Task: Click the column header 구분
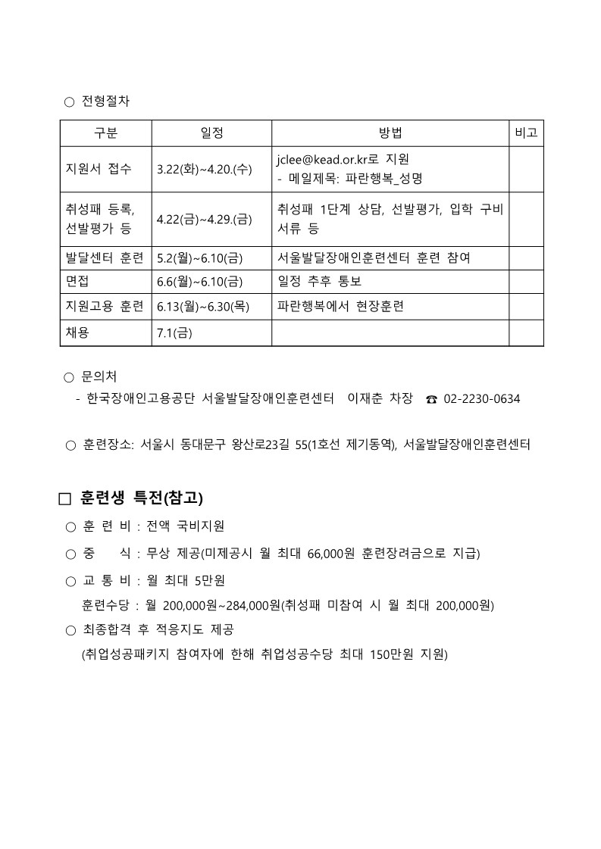tap(105, 133)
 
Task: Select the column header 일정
tap(211, 133)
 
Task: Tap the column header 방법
tap(390, 133)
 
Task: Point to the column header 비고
tap(526, 133)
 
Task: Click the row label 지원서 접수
tap(99, 169)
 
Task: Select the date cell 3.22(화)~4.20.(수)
tap(204, 170)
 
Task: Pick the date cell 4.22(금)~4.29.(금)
tap(204, 220)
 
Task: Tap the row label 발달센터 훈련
tap(105, 258)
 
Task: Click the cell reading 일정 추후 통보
tap(319, 282)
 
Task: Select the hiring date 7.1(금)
tap(174, 332)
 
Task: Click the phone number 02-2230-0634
tap(481, 398)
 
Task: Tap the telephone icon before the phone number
tap(431, 399)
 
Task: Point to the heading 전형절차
tap(105, 101)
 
